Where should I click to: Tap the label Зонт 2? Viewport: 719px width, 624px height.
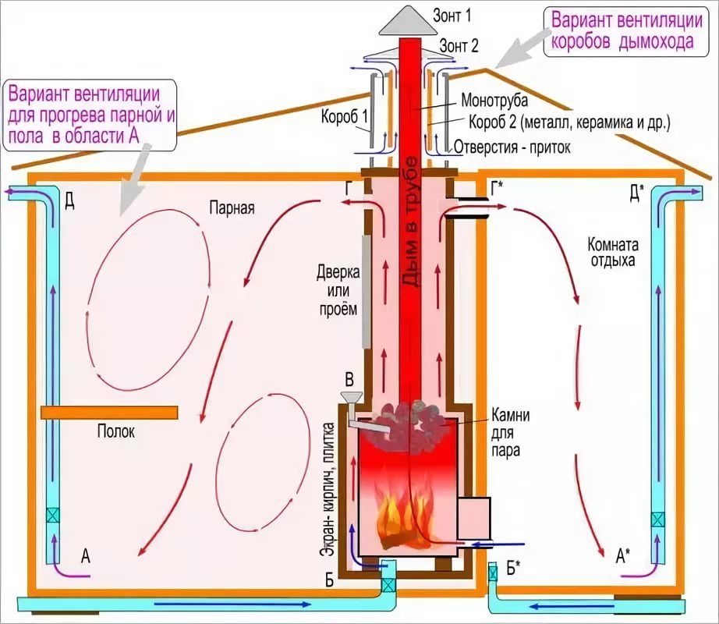[x=459, y=46]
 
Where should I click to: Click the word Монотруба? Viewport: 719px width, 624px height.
[x=494, y=101]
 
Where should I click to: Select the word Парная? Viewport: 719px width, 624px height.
[x=232, y=208]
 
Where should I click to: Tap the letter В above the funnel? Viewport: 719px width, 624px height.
[x=349, y=380]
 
